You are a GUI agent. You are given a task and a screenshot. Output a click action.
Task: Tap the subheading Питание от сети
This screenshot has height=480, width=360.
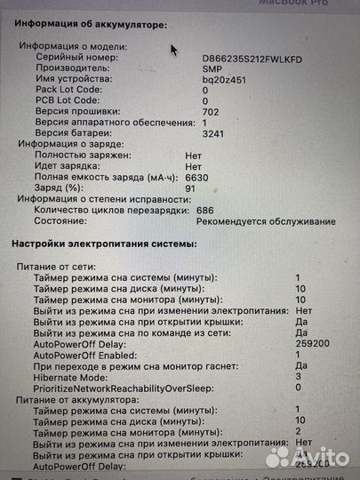[54, 266]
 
